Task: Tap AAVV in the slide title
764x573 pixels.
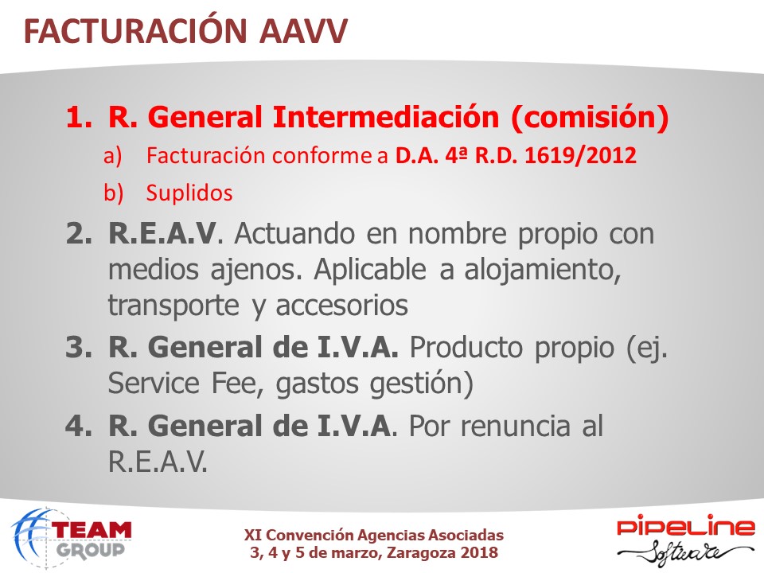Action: point(303,32)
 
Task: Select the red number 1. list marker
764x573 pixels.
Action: point(79,118)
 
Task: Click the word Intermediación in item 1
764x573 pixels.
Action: point(386,117)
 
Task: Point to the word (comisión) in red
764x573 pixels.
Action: point(590,118)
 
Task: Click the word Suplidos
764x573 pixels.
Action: point(189,193)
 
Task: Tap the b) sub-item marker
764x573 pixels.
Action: point(113,193)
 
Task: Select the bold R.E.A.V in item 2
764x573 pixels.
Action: point(162,233)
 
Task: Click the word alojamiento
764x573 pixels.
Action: point(542,270)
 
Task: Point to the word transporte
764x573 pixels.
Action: point(173,306)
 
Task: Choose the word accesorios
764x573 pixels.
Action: point(341,306)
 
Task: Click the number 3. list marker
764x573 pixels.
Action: point(79,348)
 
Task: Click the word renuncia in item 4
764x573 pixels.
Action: point(515,426)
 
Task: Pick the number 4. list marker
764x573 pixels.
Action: point(79,427)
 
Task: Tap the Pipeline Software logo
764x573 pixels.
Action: point(685,540)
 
